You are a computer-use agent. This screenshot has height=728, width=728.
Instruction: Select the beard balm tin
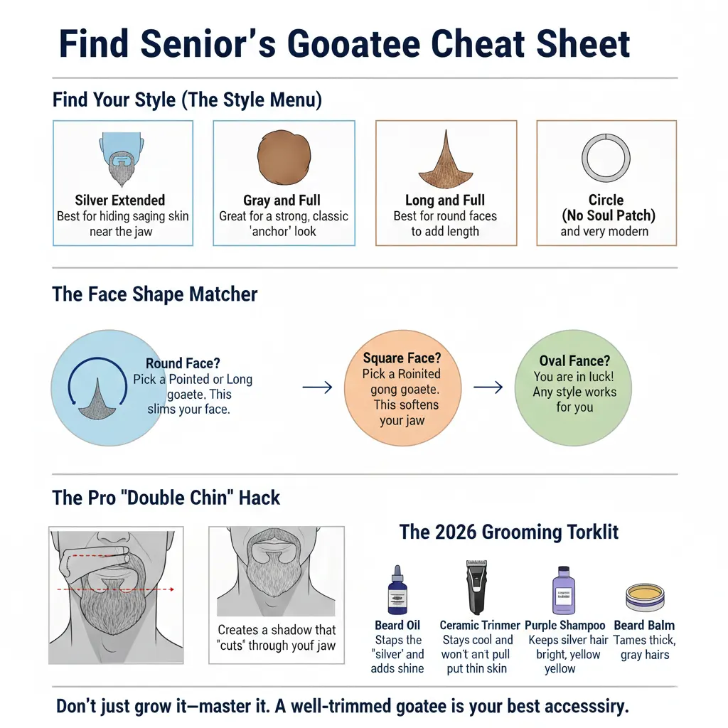click(x=644, y=597)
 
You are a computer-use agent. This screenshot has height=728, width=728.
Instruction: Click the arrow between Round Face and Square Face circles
click(x=317, y=387)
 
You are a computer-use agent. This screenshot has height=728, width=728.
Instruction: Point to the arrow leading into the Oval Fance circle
click(x=488, y=387)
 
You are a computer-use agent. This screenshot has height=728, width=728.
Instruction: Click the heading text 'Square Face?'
click(x=402, y=358)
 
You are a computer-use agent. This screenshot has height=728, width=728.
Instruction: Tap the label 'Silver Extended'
click(x=120, y=200)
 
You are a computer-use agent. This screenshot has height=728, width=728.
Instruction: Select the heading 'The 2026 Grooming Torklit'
click(x=508, y=532)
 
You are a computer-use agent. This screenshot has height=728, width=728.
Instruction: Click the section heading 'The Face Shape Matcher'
click(x=155, y=294)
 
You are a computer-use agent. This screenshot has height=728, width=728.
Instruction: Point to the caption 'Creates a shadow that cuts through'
click(x=277, y=638)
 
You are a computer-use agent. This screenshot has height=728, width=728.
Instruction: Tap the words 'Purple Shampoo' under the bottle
click(x=565, y=626)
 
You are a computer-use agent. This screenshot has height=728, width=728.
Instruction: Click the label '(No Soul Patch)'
click(x=608, y=215)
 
